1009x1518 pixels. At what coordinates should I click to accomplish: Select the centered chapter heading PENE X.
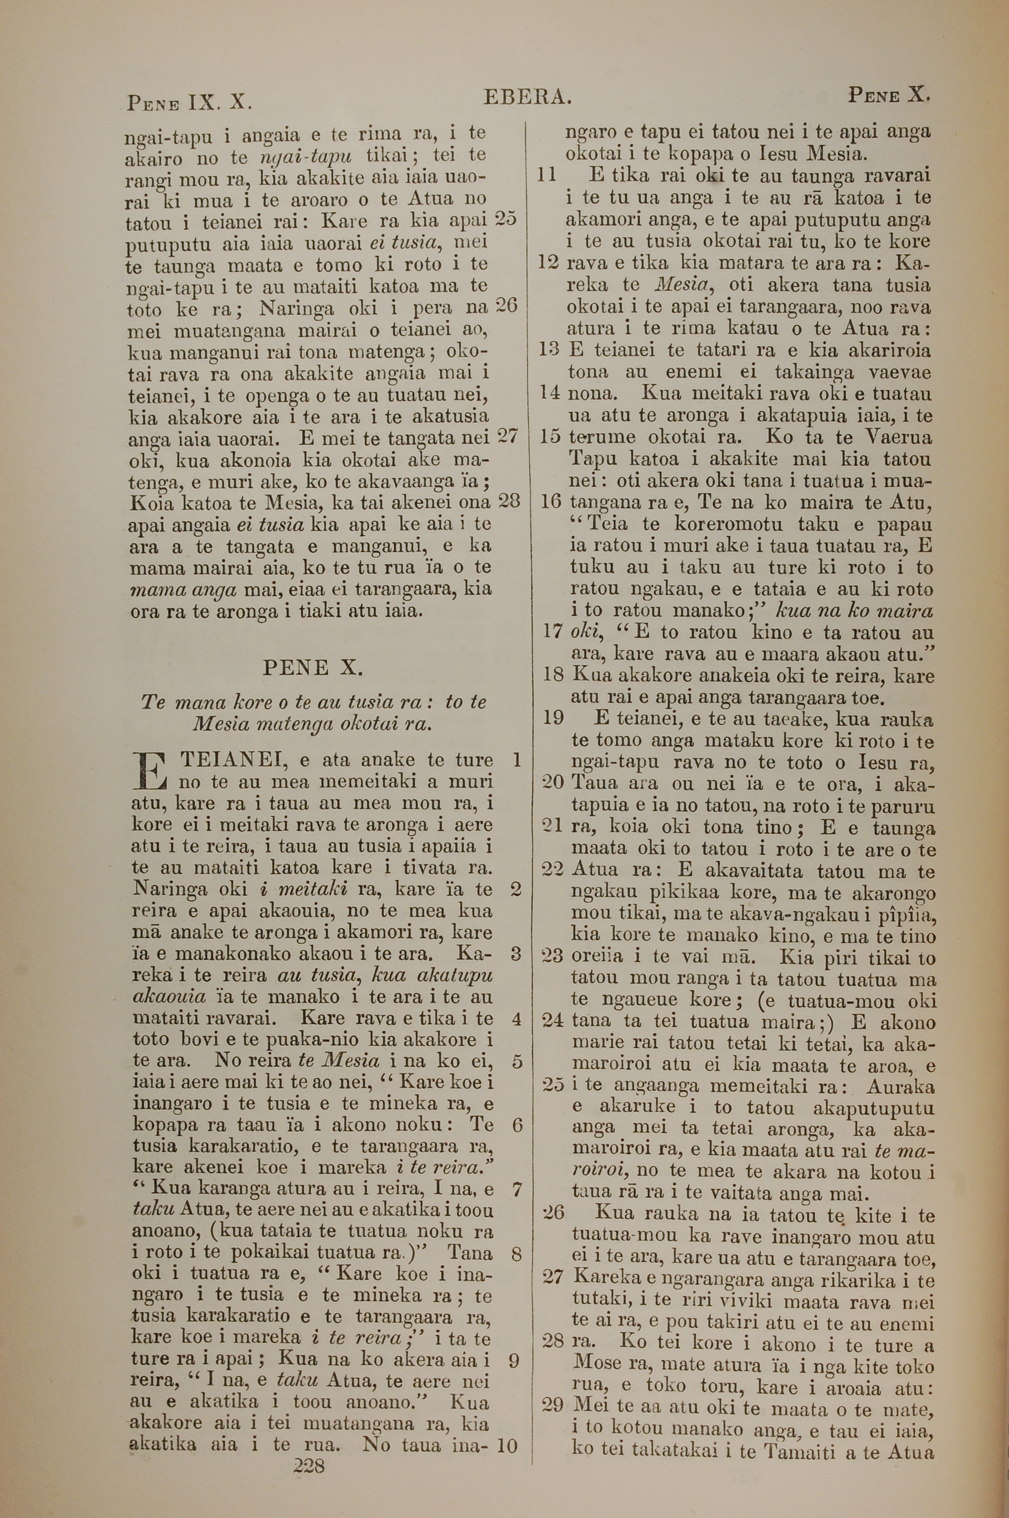click(313, 667)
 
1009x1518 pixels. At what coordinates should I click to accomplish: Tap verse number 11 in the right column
click(546, 175)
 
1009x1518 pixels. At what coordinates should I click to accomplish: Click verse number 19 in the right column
click(553, 718)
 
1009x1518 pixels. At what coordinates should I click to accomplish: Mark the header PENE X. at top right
click(889, 96)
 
